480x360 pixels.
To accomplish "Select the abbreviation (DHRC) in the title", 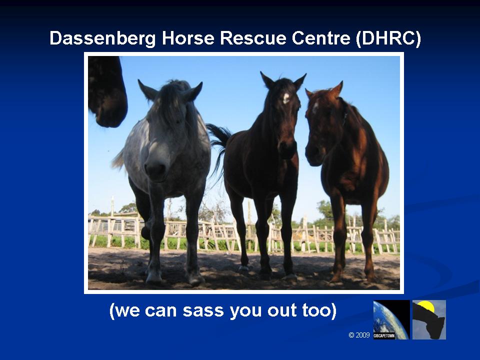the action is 388,38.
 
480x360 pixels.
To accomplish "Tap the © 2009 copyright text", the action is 359,335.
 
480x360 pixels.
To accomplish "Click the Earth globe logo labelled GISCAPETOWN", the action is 391,319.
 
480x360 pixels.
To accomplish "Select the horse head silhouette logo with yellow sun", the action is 429,319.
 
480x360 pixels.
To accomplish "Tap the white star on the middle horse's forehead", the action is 286,98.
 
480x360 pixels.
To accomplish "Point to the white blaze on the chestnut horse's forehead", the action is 315,108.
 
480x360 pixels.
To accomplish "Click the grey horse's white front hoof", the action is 153,276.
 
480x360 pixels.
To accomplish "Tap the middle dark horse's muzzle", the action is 287,148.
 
